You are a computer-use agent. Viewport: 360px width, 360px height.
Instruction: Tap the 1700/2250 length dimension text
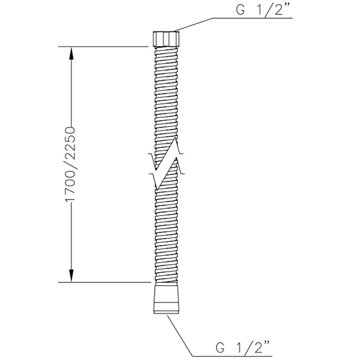[71, 164]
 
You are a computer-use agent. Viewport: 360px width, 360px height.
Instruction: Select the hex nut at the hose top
[166, 39]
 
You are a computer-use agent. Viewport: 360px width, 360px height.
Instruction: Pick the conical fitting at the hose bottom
[166, 298]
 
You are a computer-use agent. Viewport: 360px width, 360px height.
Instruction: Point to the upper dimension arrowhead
[71, 54]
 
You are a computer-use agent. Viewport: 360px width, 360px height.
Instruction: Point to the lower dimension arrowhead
[71, 275]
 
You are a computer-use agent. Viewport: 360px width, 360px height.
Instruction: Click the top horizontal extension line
[104, 47]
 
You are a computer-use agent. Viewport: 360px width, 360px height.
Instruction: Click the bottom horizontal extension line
[104, 282]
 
